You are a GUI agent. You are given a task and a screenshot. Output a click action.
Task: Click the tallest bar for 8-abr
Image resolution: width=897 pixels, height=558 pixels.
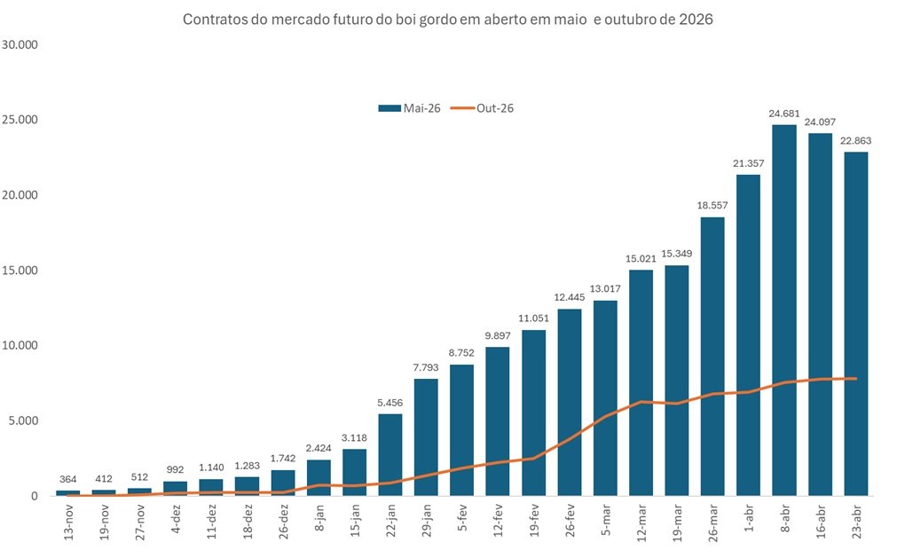pyautogui.click(x=783, y=310)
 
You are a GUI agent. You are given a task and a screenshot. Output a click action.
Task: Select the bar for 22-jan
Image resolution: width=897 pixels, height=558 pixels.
pyautogui.click(x=390, y=454)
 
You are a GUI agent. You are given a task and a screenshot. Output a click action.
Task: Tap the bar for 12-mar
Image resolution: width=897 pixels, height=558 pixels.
pyautogui.click(x=641, y=382)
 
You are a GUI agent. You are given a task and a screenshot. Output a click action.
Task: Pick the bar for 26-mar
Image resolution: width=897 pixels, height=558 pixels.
pyautogui.click(x=712, y=356)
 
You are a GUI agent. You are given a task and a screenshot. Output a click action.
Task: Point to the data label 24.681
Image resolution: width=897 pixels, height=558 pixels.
pyautogui.click(x=783, y=114)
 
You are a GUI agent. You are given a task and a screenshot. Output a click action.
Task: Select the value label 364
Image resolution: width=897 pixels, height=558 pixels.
pyautogui.click(x=67, y=480)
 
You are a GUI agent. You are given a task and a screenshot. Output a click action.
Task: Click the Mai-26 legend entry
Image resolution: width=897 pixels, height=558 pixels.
pyautogui.click(x=409, y=108)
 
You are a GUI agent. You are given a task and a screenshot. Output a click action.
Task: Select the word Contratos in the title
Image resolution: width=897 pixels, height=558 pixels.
pyautogui.click(x=213, y=19)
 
